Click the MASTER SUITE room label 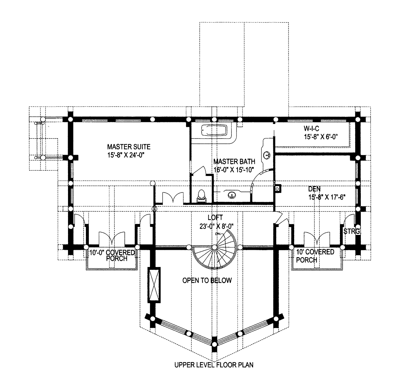(129, 147)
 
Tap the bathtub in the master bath (214, 130)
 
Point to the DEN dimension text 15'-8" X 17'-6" (327, 197)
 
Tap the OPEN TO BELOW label (207, 280)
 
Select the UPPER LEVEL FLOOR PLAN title (214, 365)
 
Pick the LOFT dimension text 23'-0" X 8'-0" (216, 226)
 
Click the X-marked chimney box (154, 285)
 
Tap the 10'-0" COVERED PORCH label (112, 255)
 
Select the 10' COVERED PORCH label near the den (315, 256)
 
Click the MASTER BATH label (234, 161)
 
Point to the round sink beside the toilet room (232, 195)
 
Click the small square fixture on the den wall (278, 189)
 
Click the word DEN (314, 189)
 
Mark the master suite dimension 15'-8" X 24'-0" (126, 155)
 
